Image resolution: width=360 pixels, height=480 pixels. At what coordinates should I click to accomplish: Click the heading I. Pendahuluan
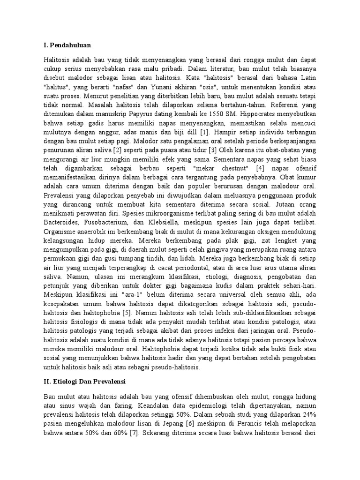click(67, 45)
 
